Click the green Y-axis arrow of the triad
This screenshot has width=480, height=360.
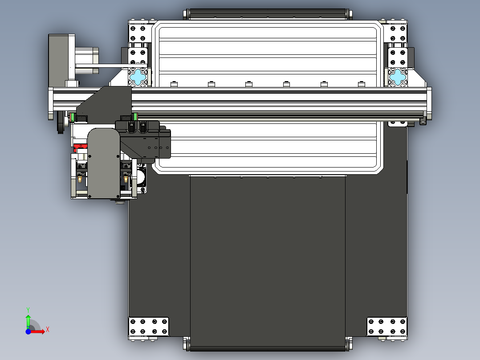pyautogui.click(x=28, y=319)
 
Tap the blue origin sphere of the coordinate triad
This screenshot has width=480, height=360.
pyautogui.click(x=28, y=331)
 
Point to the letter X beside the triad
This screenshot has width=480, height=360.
pyautogui.click(x=47, y=330)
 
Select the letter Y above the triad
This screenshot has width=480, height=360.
pyautogui.click(x=28, y=309)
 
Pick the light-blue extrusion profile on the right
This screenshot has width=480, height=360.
pyautogui.click(x=397, y=77)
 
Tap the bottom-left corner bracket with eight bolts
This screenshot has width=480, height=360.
pyautogui.click(x=148, y=326)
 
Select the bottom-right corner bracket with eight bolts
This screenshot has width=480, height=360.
pyautogui.click(x=386, y=326)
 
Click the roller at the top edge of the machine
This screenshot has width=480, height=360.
pyautogui.click(x=267, y=14)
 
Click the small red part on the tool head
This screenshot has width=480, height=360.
pyautogui.click(x=81, y=147)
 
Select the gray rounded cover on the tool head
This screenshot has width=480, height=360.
pyautogui.click(x=104, y=163)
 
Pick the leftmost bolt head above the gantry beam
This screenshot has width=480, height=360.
pyautogui.click(x=174, y=84)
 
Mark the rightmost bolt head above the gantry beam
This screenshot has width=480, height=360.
pyautogui.click(x=361, y=84)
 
